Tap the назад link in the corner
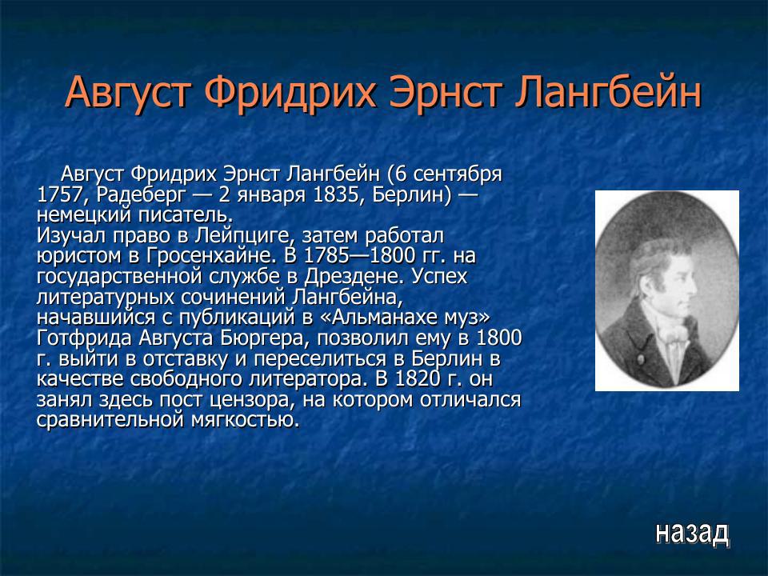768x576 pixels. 692,532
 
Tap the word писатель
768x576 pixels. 186,215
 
